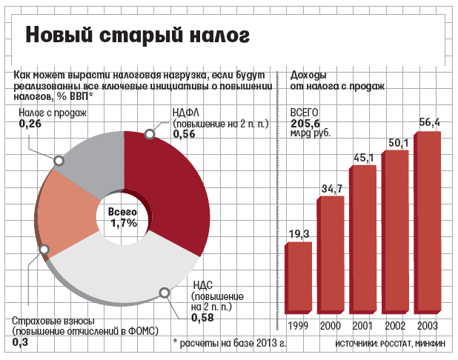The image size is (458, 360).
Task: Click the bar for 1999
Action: coord(300,278)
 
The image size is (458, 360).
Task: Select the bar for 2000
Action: coord(331,256)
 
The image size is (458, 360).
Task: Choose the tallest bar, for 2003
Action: coord(428,222)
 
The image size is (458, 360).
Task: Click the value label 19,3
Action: coord(298,235)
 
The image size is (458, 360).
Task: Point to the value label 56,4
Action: coord(429,122)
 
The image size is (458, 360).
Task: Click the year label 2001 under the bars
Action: coord(362,326)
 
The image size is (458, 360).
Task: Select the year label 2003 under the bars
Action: coord(427,326)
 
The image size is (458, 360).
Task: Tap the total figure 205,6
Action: coord(305,123)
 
